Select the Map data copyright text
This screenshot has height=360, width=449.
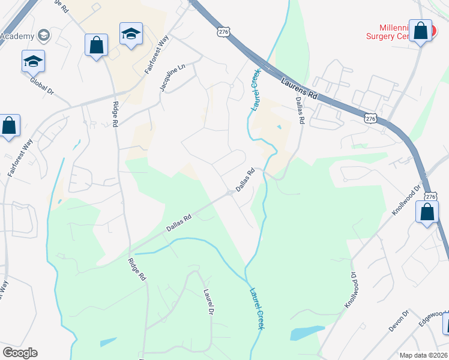click(424, 355)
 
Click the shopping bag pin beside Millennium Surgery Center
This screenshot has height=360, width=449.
click(420, 31)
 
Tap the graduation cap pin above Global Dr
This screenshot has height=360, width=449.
click(34, 61)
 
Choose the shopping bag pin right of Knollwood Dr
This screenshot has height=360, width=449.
click(427, 213)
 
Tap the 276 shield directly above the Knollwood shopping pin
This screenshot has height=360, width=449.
click(430, 196)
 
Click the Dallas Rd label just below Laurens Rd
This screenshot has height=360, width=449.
click(300, 112)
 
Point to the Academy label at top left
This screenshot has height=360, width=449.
click(18, 36)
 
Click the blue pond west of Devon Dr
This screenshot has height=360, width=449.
click(307, 332)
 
